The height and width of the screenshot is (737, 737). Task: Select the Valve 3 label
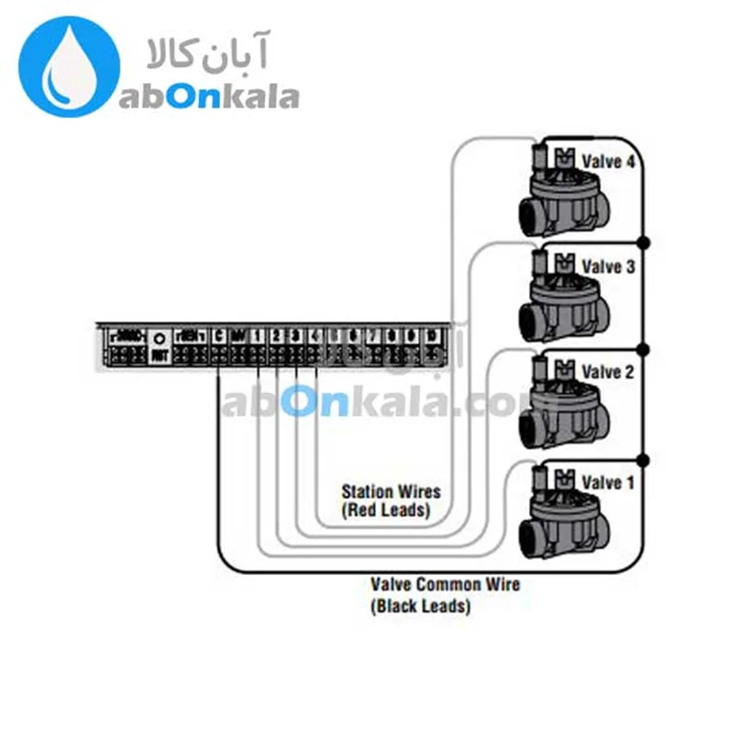[x=608, y=266]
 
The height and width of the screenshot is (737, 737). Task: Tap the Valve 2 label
[x=608, y=372]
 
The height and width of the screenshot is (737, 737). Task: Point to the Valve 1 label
[x=608, y=482]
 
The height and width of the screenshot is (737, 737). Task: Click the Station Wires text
[x=391, y=492]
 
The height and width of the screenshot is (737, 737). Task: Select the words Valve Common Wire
[x=445, y=584]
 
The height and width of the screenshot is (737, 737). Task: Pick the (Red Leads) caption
[x=386, y=510]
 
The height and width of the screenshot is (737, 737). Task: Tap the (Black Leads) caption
[x=420, y=606]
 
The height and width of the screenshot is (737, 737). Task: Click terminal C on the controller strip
[x=219, y=337]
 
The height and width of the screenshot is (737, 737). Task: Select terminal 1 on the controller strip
[x=258, y=337]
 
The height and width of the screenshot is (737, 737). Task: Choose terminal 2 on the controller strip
[x=276, y=337]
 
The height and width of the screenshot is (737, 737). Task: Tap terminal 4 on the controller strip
[x=315, y=337]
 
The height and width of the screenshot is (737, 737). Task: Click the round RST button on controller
[x=158, y=338]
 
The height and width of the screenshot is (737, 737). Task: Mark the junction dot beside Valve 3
[x=644, y=242]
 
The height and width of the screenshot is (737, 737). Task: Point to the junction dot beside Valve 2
[x=644, y=350]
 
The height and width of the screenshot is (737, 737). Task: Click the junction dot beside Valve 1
[x=644, y=459]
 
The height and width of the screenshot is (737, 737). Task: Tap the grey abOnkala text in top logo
[x=208, y=95]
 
